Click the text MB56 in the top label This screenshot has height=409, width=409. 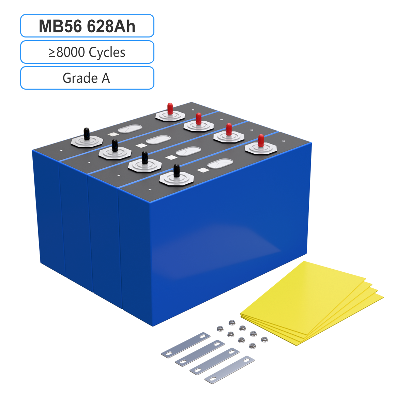60,26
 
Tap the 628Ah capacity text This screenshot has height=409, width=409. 111,26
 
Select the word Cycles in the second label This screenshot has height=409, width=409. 107,52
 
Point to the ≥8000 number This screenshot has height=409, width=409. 67,52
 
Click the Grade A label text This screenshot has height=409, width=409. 86,78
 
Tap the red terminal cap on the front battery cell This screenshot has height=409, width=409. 261,140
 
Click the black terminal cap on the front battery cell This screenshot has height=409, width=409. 176,170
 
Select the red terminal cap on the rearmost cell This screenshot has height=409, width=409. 170,109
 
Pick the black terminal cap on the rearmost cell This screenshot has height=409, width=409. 86,134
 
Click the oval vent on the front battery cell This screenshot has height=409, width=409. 220,164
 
